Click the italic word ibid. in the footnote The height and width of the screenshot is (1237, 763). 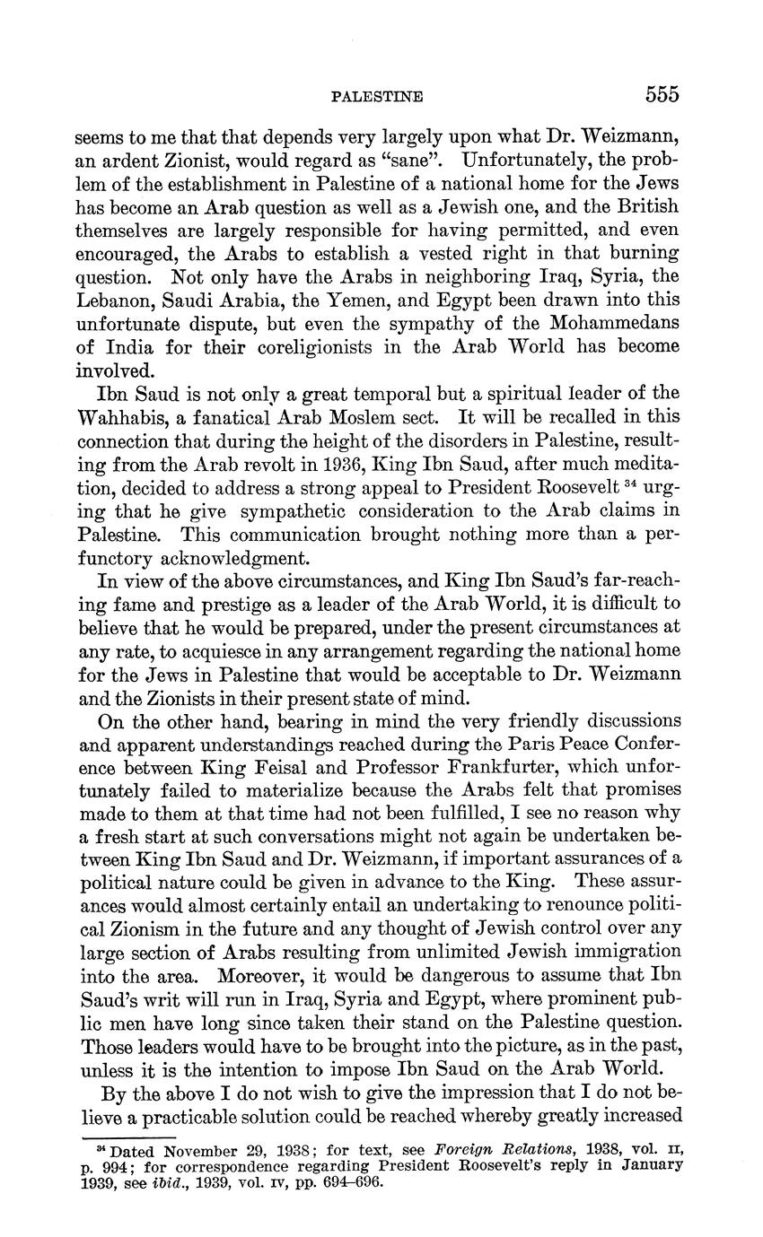click(176, 1181)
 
